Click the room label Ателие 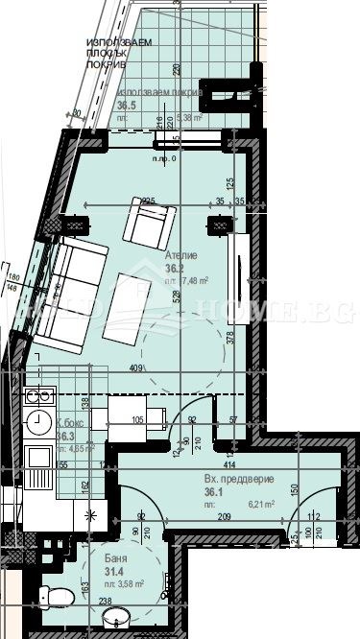tap(180, 256)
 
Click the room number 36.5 tap(126, 106)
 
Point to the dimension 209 tap(223, 518)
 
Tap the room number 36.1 tap(213, 489)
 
